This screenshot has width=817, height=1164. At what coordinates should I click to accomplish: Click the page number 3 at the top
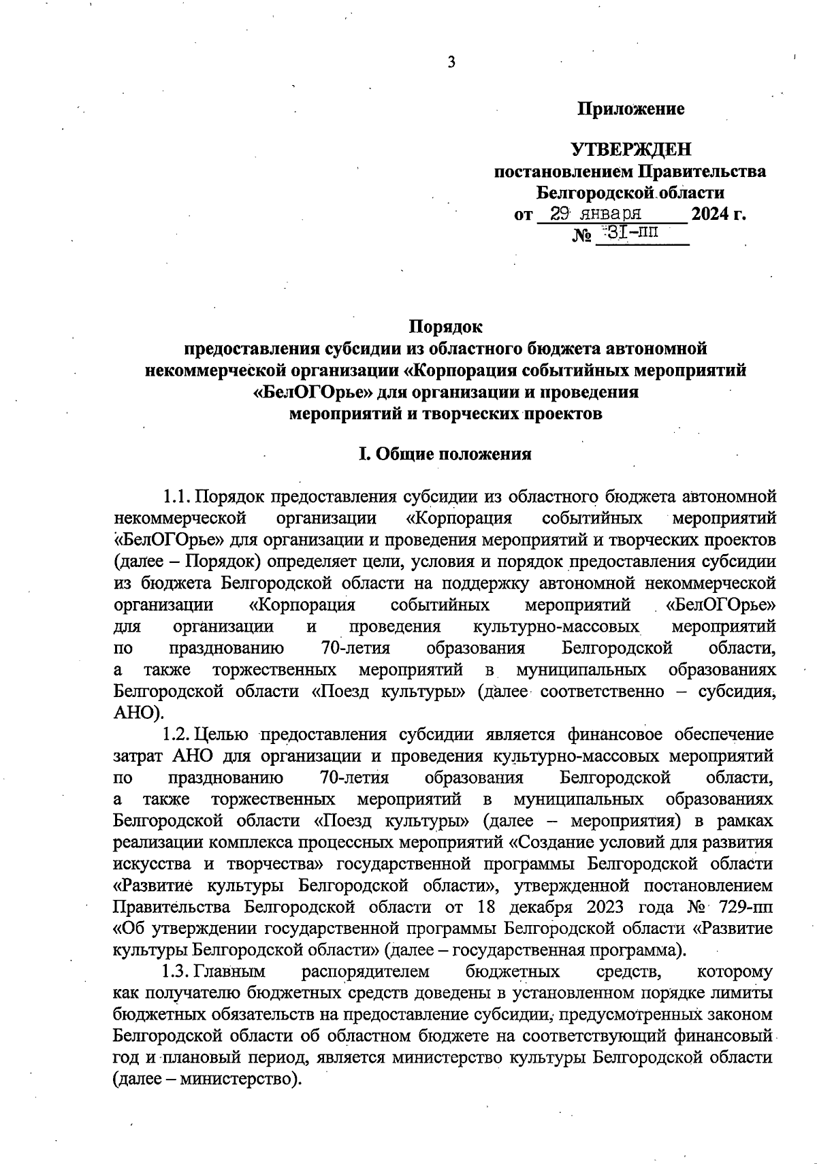(x=451, y=63)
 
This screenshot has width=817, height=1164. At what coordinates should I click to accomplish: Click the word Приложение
(x=630, y=109)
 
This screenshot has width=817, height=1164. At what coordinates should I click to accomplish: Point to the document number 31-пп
(x=632, y=233)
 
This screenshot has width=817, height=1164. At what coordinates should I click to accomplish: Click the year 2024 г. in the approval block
(x=718, y=215)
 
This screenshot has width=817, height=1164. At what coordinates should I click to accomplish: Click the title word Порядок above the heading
(x=445, y=327)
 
